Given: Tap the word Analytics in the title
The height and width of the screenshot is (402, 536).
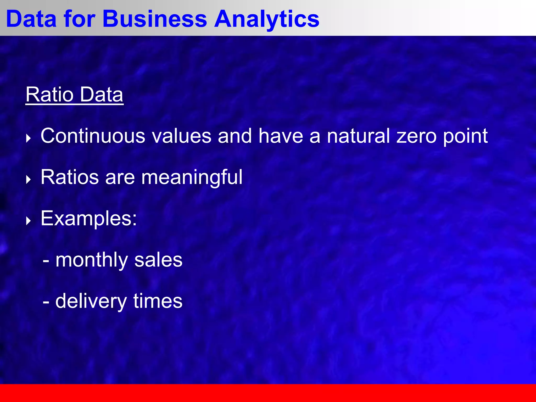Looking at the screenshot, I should click(x=267, y=19).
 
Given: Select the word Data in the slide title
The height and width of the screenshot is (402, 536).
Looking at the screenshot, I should click(x=31, y=19).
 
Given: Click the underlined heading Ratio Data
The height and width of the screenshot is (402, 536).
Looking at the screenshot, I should click(x=74, y=95).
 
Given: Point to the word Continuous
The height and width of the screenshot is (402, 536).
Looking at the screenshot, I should click(x=93, y=136).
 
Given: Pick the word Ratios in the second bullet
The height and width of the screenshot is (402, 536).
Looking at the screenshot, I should click(x=70, y=177).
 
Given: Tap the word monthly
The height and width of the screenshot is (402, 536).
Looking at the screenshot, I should click(x=92, y=261).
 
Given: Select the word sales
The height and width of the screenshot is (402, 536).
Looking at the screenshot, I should click(x=158, y=260).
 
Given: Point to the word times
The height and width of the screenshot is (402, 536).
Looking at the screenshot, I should click(x=158, y=301).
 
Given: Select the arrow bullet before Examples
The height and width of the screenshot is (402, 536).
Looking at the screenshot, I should click(x=29, y=221).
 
